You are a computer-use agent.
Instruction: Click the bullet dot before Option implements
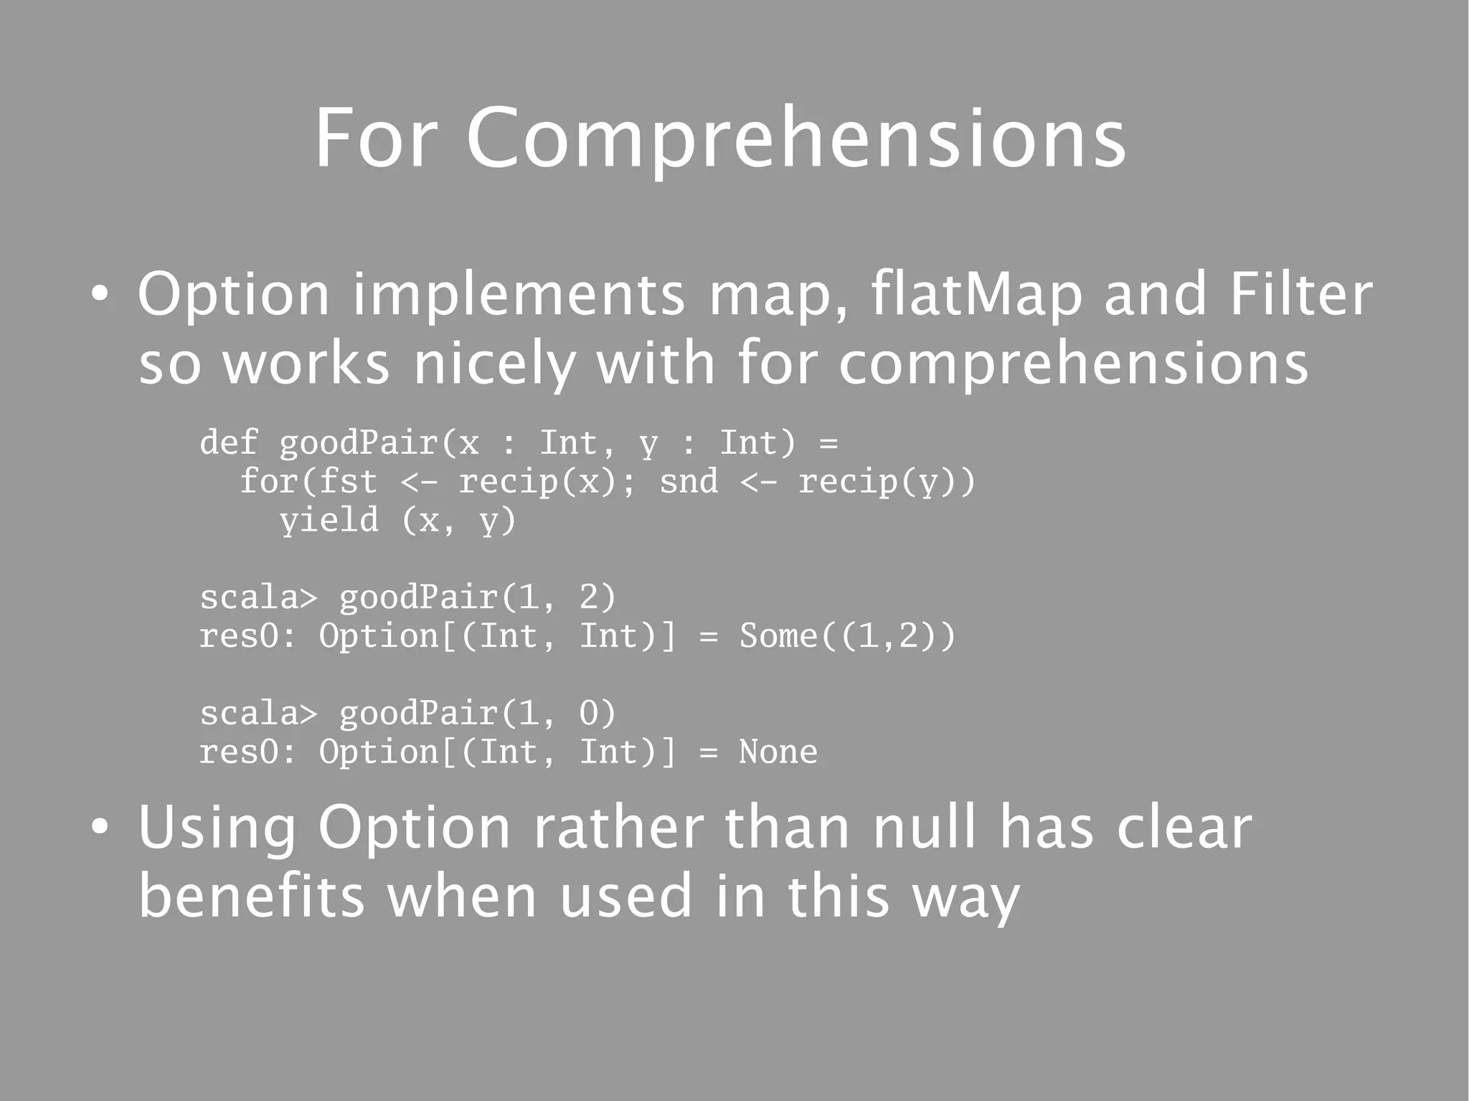point(100,296)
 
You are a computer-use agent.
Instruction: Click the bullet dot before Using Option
point(100,828)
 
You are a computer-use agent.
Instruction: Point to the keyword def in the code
point(228,442)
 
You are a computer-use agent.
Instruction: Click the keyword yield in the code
point(329,519)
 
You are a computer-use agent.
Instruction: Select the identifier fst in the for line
point(348,481)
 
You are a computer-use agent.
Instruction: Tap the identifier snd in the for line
point(689,481)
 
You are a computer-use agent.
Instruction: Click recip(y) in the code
point(877,481)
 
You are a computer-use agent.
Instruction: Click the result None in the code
point(778,752)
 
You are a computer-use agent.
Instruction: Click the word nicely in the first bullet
point(493,364)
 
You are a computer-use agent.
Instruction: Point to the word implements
point(519,296)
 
